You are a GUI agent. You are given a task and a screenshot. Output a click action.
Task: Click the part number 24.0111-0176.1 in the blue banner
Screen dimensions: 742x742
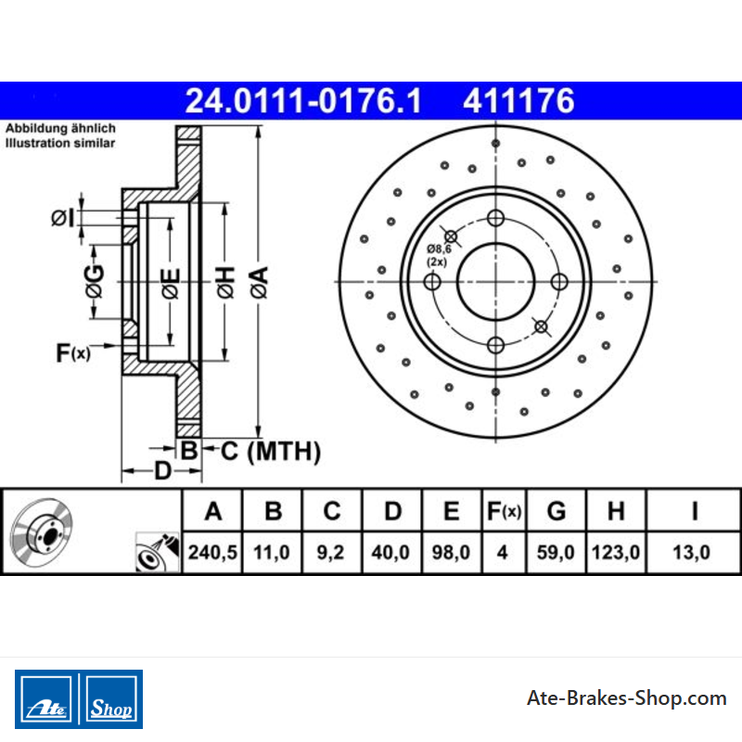pos(303,101)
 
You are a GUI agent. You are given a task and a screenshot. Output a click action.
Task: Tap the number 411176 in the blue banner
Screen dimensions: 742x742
pos(518,101)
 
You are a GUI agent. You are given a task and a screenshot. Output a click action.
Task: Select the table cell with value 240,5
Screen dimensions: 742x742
pos(212,552)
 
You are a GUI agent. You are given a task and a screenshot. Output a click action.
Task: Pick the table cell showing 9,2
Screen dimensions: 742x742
pos(332,552)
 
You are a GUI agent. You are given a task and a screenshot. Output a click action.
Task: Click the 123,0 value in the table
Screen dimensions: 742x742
pos(616,552)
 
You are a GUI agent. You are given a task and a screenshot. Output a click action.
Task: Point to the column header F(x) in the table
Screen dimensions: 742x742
pos(504,511)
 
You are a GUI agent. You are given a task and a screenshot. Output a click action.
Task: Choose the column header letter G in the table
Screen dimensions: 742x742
pos(556,511)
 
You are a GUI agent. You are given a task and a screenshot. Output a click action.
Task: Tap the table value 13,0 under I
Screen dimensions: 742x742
pos(691,552)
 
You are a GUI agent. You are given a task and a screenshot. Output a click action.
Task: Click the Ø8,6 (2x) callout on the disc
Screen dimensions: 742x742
pos(439,255)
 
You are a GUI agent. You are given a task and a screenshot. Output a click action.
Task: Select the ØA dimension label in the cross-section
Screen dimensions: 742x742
pos(260,283)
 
